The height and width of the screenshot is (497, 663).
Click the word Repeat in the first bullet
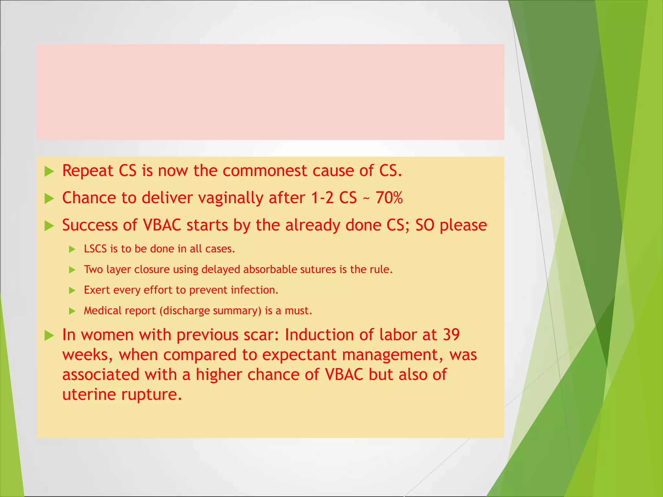tap(87, 171)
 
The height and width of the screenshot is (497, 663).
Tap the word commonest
tap(265, 171)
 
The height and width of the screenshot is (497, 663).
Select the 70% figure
tap(389, 198)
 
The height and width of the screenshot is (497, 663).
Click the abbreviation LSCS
tap(95, 249)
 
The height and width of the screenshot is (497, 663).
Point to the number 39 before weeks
tap(451, 335)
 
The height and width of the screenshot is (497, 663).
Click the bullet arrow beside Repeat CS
tap(49, 171)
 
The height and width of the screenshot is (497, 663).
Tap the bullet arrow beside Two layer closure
tap(72, 270)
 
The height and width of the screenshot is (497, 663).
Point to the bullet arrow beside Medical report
tap(72, 311)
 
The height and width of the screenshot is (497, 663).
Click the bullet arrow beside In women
tap(49, 336)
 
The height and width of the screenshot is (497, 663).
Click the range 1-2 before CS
tap(322, 198)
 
